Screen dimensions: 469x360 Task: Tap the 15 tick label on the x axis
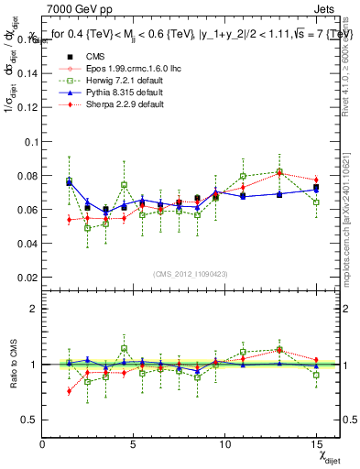coord(316,444)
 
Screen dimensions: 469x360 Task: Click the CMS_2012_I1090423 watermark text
coord(191,274)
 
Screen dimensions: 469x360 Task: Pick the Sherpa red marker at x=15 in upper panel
coord(316,180)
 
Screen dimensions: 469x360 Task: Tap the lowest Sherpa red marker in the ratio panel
coord(70,391)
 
